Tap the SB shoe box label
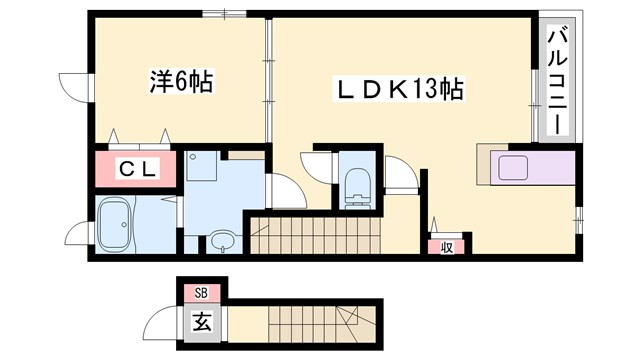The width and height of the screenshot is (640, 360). pos(201,293)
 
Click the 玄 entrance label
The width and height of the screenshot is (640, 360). pos(201,323)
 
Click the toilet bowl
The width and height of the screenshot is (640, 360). pos(355,186)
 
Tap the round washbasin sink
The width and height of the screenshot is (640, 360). pos(221,241)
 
